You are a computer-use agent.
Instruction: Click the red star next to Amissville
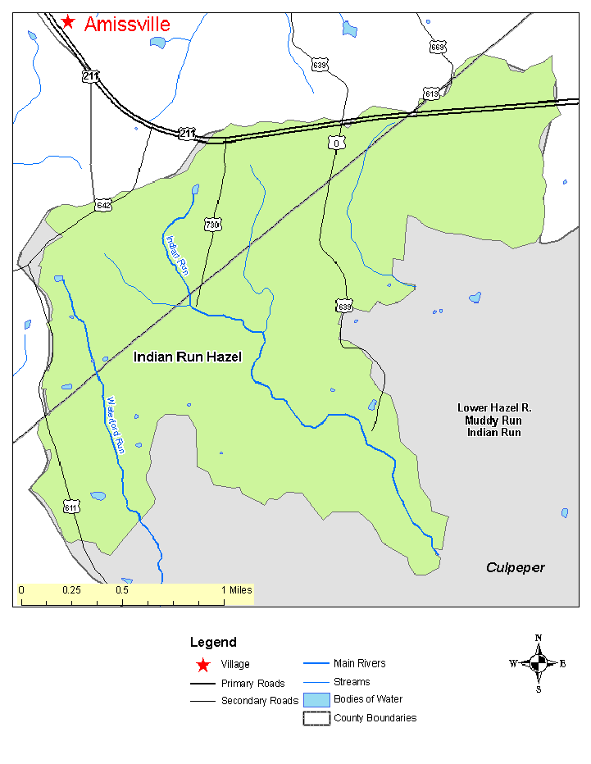tap(68, 22)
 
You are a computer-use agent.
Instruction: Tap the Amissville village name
tap(127, 25)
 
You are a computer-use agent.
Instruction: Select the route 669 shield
tap(438, 48)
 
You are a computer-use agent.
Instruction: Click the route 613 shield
tap(431, 93)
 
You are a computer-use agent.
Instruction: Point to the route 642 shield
tap(102, 205)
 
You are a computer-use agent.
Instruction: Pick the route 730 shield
tap(213, 224)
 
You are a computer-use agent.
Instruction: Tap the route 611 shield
tap(71, 507)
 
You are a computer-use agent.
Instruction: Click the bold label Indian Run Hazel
tap(188, 357)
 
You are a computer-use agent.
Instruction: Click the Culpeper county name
tap(515, 567)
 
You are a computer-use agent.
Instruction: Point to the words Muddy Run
tap(489, 421)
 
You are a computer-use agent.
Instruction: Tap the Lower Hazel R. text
tap(489, 408)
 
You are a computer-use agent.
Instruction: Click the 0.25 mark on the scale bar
tap(71, 590)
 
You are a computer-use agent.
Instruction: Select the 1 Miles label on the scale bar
tap(235, 590)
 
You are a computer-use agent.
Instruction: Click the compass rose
tap(538, 664)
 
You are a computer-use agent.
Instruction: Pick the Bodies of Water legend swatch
tap(316, 700)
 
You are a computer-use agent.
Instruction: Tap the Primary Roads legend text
tap(252, 684)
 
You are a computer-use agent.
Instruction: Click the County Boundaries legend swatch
tap(316, 718)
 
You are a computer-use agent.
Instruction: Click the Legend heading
tap(213, 643)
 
